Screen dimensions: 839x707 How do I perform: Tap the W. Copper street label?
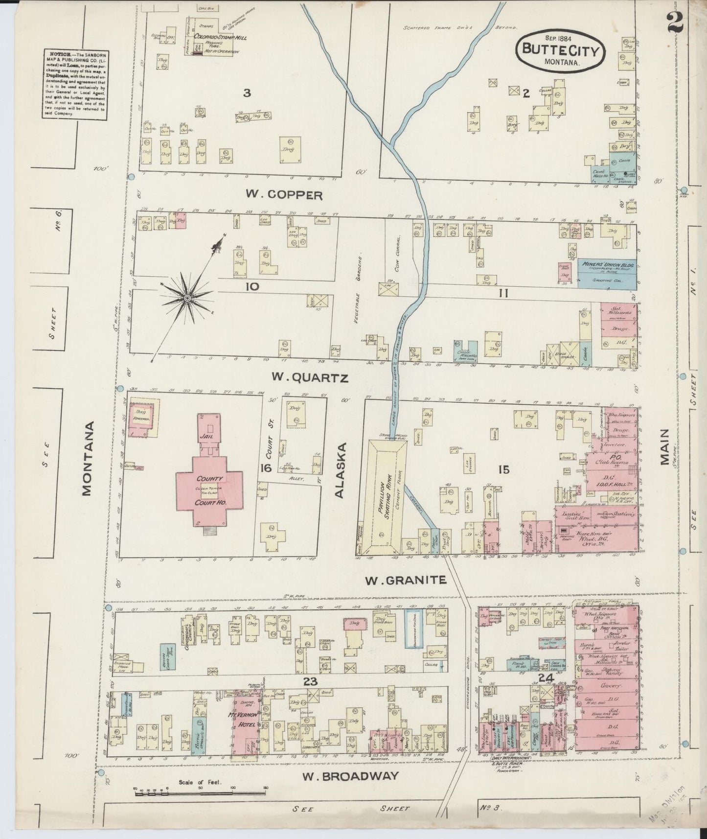pos(284,195)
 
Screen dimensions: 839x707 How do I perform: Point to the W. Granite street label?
pos(406,580)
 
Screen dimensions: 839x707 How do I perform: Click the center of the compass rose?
pos(187,297)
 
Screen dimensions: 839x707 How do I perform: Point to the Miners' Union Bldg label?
pos(608,265)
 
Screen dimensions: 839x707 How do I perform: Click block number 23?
pos(310,681)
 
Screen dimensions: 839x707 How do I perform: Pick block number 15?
pos(503,469)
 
